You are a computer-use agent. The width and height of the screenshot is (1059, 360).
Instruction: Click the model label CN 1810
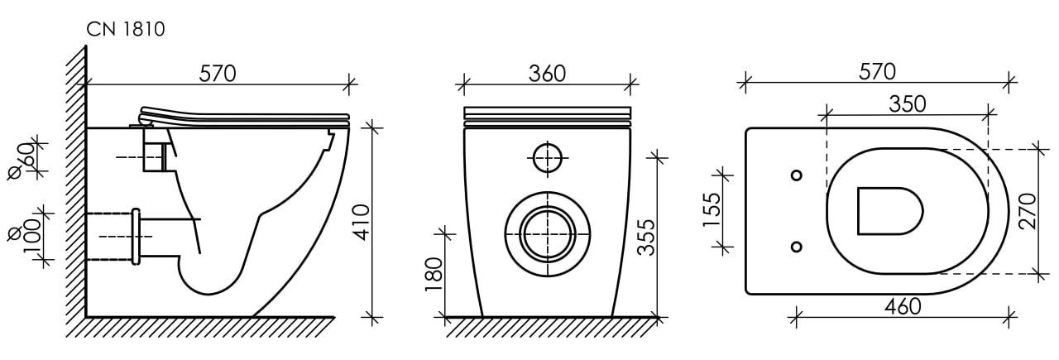coord(126,29)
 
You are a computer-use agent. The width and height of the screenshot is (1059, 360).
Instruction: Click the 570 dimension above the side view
coord(217,74)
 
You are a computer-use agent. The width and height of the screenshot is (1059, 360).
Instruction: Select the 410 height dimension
coord(362,223)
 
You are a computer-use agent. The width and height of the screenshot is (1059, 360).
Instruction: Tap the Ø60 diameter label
coord(22,161)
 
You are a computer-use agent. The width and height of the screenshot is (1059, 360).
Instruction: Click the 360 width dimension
coord(547,74)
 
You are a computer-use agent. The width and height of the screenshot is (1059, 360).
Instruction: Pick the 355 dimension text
coord(646,238)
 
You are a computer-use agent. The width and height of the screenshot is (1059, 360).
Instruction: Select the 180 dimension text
coord(434,275)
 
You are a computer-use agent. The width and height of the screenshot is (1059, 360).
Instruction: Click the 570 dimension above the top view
coord(877,71)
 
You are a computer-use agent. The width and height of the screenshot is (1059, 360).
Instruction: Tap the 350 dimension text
coord(908,104)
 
